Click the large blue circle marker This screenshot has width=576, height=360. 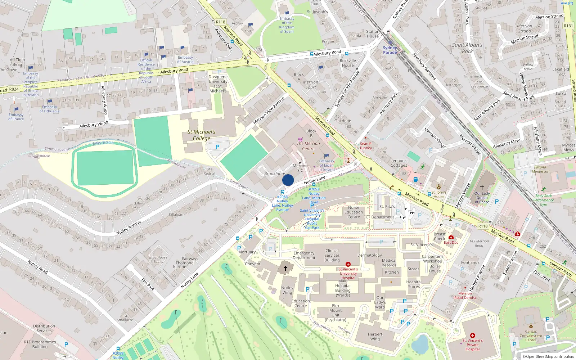[288, 180]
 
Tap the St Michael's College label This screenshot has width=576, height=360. [202, 135]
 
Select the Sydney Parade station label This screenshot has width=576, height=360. [390, 50]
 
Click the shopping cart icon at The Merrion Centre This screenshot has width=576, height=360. [300, 139]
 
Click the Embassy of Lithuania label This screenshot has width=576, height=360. [50, 109]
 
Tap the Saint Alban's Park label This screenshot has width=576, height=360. [467, 48]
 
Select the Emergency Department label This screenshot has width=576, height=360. [304, 255]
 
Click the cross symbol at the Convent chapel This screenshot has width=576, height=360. [285, 268]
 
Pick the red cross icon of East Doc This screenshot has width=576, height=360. [451, 237]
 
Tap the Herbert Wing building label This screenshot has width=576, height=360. [375, 337]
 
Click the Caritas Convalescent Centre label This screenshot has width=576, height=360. [531, 336]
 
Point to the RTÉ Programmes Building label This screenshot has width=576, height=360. [40, 344]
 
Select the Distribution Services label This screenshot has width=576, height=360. [44, 328]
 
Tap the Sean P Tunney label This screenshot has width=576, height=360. [365, 145]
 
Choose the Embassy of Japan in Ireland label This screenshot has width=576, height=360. [327, 165]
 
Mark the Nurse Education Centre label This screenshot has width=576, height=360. [354, 212]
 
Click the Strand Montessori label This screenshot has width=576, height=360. [540, 169]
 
